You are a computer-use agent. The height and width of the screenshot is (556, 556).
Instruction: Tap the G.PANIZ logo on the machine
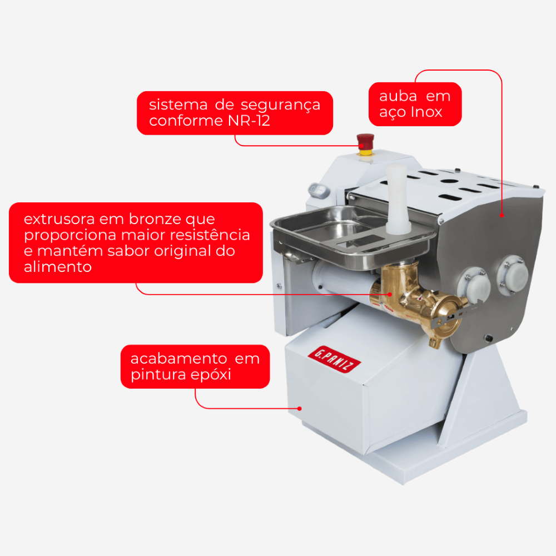pyautogui.click(x=334, y=359)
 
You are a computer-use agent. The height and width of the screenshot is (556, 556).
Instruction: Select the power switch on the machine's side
pyautogui.click(x=319, y=190)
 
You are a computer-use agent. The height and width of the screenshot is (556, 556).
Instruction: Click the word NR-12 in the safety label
pyautogui.click(x=249, y=121)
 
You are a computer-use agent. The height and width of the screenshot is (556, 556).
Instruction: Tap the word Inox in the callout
pyautogui.click(x=426, y=112)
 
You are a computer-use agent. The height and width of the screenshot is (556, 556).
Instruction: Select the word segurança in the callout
pyautogui.click(x=280, y=105)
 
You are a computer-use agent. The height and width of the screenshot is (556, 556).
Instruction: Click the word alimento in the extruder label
pyautogui.click(x=58, y=267)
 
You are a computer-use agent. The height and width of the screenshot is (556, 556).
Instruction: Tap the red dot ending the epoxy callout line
pyautogui.click(x=300, y=409)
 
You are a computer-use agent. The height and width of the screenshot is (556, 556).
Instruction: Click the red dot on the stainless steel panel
pyautogui.click(x=502, y=215)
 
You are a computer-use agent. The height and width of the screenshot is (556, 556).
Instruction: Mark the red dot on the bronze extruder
pyautogui.click(x=390, y=294)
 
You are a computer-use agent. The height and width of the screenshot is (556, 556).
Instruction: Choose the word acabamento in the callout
pyautogui.click(x=178, y=359)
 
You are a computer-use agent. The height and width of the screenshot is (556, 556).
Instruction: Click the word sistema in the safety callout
pyautogui.click(x=178, y=105)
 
